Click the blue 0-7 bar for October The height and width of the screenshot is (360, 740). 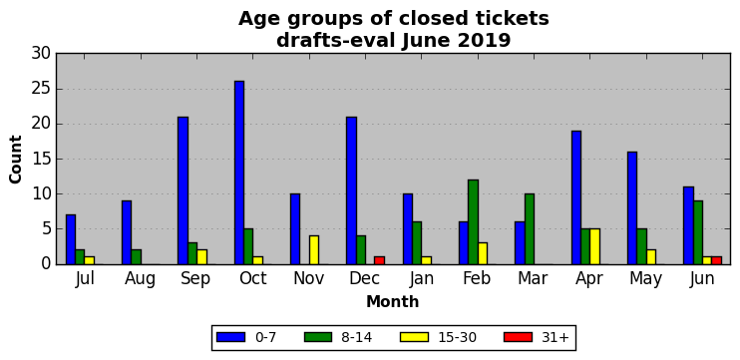(239, 173)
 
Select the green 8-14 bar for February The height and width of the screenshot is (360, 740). (473, 221)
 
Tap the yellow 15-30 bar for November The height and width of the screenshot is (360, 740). (314, 250)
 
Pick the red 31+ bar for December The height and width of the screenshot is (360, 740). (379, 260)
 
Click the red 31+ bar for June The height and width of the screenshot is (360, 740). (716, 260)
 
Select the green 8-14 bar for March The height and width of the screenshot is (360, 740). (529, 228)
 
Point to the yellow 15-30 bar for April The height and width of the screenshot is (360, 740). (594, 246)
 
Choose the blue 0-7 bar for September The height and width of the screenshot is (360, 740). (184, 190)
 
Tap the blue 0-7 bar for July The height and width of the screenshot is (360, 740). (71, 239)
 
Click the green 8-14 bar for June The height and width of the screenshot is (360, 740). (697, 232)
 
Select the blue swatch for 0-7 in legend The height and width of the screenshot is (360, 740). (230, 337)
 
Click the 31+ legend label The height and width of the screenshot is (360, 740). (554, 337)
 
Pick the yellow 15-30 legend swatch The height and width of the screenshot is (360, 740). (414, 337)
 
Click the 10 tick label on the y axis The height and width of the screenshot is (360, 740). (41, 193)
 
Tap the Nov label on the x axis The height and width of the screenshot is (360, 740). (308, 279)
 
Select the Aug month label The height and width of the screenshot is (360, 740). (141, 279)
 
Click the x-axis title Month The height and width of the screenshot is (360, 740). (393, 301)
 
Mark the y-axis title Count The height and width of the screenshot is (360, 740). (16, 159)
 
